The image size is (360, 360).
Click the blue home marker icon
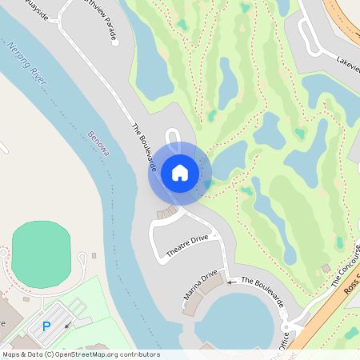point(179,173)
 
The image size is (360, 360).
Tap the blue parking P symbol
point(46,326)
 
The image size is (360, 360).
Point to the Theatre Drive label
point(186,247)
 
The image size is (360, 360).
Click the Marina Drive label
point(201,286)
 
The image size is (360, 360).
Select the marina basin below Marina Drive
point(236,320)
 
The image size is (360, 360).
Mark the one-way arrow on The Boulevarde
point(233,282)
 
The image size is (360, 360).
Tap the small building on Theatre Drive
point(166,213)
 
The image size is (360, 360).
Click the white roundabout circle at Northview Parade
point(115,42)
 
